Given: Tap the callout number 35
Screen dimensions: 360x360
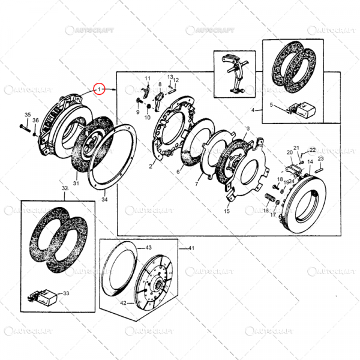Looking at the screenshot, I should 27,115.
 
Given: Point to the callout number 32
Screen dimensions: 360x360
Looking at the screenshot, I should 65,188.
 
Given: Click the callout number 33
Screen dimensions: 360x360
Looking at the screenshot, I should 67,293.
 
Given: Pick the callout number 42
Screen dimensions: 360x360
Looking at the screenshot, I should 123,303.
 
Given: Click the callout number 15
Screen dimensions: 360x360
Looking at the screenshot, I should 227,211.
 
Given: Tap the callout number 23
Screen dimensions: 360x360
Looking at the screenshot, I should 320,158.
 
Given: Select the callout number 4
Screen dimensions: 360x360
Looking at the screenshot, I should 253,110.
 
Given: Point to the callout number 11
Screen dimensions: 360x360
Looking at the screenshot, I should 146,79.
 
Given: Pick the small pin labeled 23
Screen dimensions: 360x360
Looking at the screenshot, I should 322,168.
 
